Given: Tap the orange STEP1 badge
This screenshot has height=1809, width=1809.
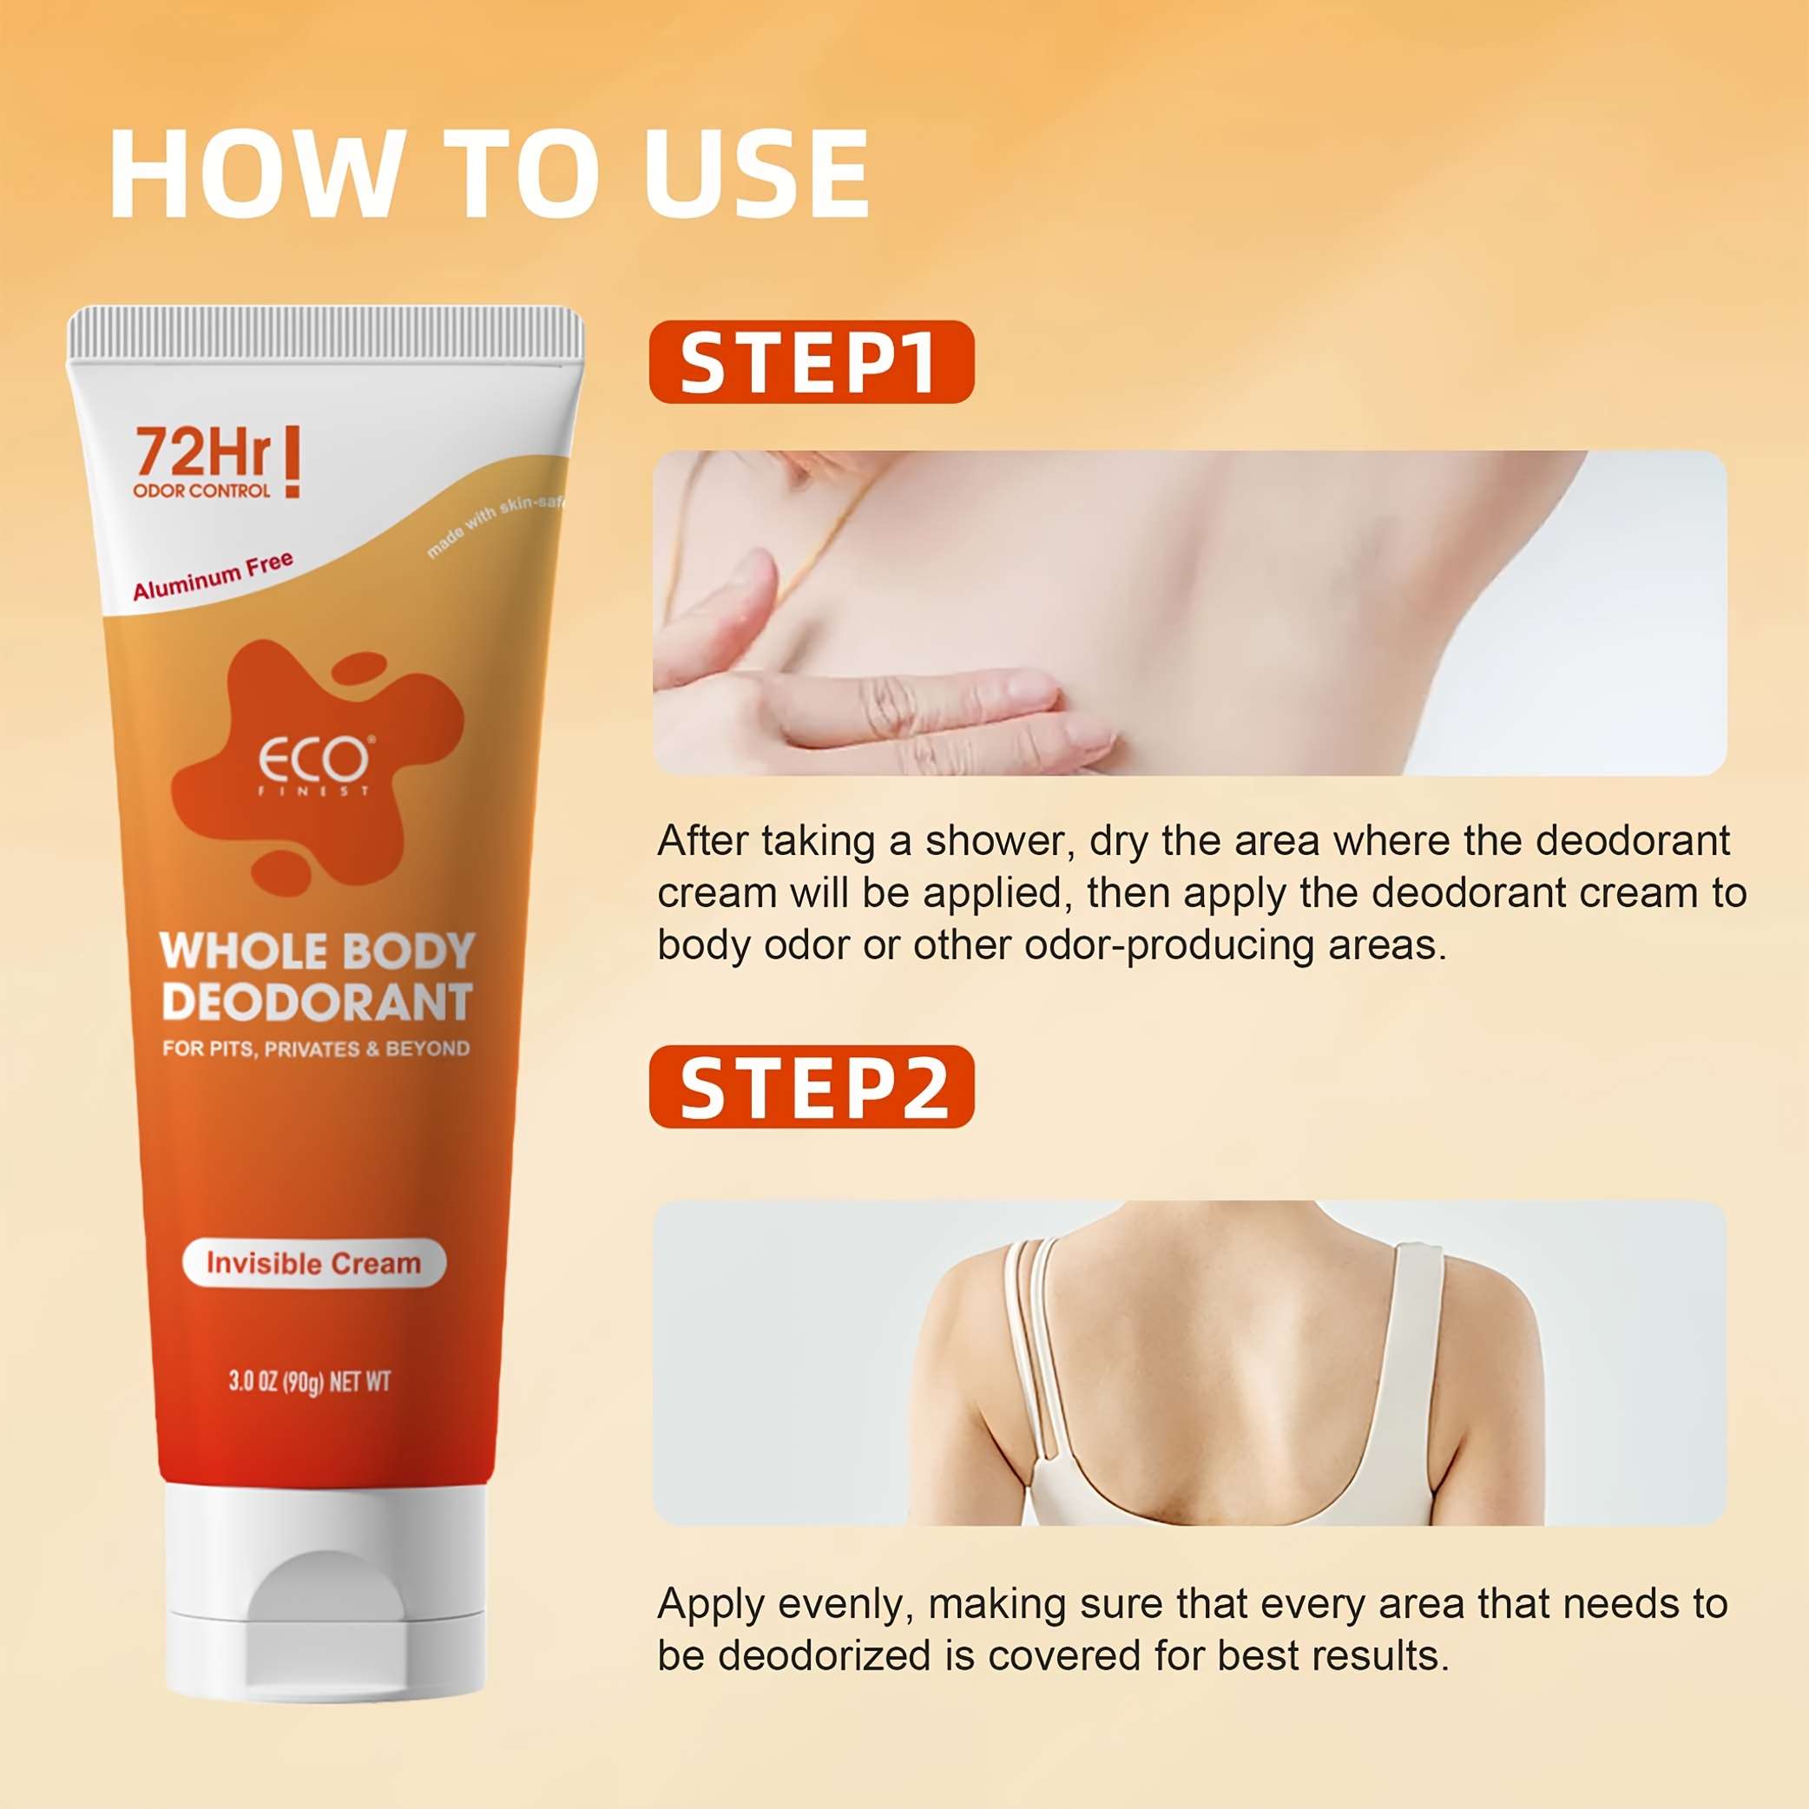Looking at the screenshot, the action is point(811,361).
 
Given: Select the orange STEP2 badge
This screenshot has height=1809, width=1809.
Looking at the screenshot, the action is point(811,1086).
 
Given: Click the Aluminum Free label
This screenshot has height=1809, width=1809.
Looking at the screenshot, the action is point(214,576).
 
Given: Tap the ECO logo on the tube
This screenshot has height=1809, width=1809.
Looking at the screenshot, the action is point(314,760).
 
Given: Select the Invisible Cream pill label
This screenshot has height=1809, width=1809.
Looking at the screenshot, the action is point(313,1263).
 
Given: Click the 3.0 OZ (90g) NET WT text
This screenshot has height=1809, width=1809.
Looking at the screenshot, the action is point(309,1381).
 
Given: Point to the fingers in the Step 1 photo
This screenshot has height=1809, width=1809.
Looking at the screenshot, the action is point(890,693).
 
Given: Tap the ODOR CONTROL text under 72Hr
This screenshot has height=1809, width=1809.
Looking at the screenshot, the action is point(201,490).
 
